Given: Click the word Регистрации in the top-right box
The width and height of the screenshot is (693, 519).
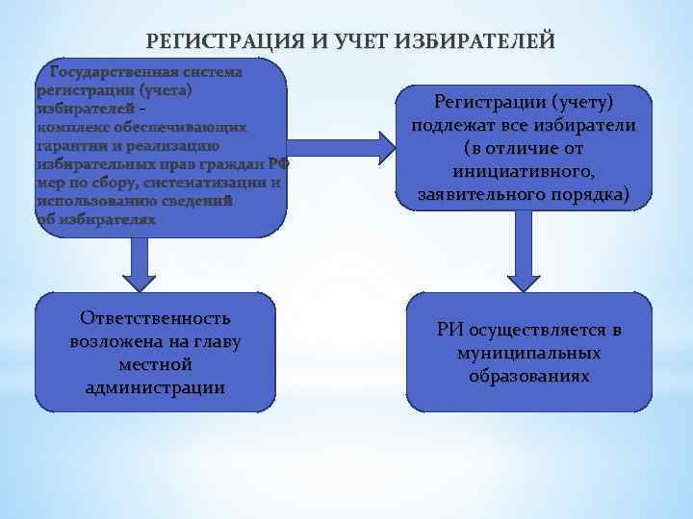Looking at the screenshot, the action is point(485,102).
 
